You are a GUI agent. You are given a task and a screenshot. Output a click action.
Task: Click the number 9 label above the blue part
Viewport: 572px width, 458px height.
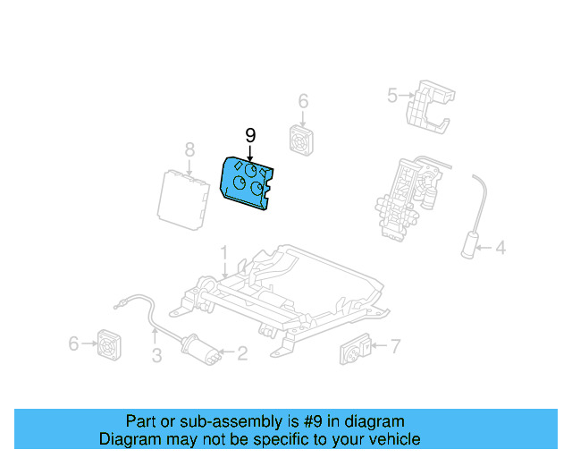click(x=250, y=136)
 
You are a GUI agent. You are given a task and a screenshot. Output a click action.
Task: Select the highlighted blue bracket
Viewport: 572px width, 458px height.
click(x=248, y=182)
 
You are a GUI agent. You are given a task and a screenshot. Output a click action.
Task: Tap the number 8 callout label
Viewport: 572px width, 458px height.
click(x=189, y=148)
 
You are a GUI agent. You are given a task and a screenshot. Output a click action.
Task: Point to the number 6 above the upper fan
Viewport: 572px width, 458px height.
click(x=303, y=100)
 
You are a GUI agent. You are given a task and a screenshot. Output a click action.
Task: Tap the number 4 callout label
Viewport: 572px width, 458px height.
click(x=500, y=247)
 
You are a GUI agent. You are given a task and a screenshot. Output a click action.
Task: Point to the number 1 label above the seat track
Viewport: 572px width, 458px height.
click(x=224, y=252)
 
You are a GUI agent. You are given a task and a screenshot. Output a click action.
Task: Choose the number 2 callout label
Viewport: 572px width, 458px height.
click(x=241, y=354)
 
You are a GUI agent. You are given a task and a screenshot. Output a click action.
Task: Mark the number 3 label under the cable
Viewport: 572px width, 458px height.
click(x=156, y=358)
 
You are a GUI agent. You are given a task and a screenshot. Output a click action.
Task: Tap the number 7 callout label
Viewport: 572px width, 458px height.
click(x=395, y=344)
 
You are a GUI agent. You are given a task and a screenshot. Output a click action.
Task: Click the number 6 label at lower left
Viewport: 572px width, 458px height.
click(x=73, y=343)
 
